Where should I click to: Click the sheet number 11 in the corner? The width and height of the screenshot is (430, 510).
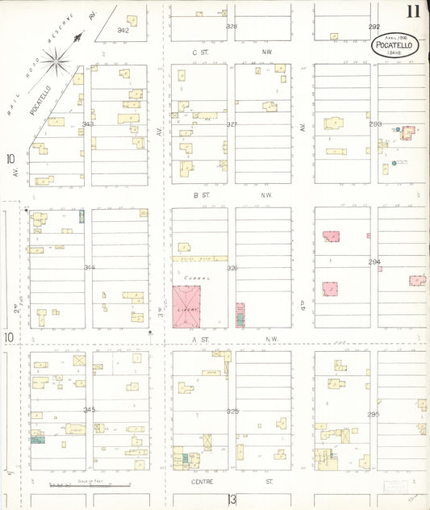coord(413,11)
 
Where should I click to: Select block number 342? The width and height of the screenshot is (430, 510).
coord(123,30)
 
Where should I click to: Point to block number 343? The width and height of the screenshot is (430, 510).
coord(88,124)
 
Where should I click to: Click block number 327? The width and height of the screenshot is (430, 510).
coord(232,124)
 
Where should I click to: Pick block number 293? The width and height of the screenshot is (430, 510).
coord(374,124)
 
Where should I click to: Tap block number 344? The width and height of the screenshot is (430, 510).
coord(89,267)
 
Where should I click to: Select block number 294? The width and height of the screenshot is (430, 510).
coord(374,262)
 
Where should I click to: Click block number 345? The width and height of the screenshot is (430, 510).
coord(89,410)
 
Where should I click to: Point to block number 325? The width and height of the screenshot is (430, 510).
coord(232,411)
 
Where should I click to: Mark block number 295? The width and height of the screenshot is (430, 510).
coord(374,414)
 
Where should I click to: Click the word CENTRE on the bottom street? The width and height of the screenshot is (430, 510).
coord(201,481)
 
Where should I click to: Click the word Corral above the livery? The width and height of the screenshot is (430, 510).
coord(191,278)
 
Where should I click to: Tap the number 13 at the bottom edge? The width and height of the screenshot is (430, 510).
coord(232,499)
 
